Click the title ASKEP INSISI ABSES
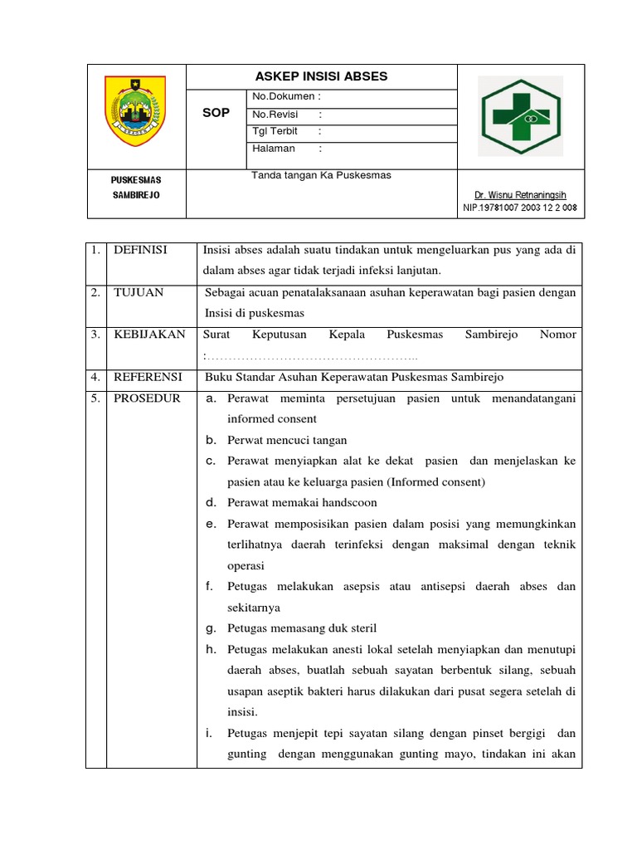pyautogui.click(x=321, y=77)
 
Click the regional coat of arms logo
pyautogui.click(x=135, y=111)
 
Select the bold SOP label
pyautogui.click(x=216, y=114)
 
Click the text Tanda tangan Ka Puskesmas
pyautogui.click(x=321, y=175)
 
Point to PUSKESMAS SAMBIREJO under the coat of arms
pyautogui.click(x=136, y=187)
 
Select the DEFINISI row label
pyautogui.click(x=140, y=250)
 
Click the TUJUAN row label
pyautogui.click(x=138, y=292)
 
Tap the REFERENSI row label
pyautogui.click(x=147, y=377)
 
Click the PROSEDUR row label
pyautogui.click(x=146, y=398)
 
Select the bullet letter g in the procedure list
pyautogui.click(x=211, y=628)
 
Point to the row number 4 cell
pyautogui.click(x=95, y=377)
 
